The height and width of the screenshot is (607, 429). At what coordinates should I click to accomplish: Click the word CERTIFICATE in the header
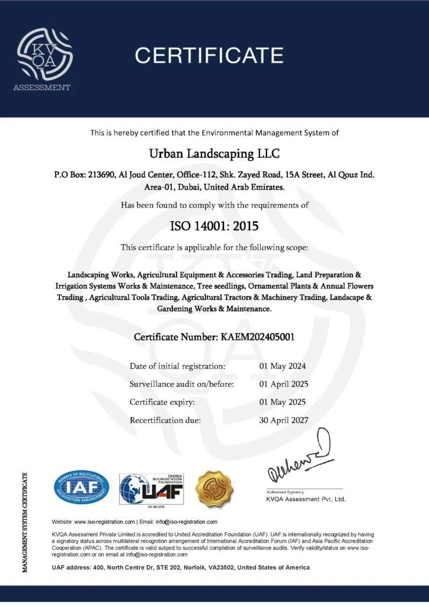point(209,56)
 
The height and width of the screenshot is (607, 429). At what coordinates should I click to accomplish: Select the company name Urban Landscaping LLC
point(214,154)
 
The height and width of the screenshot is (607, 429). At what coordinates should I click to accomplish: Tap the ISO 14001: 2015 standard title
point(214,225)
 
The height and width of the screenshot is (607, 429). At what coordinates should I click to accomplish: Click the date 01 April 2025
point(284,384)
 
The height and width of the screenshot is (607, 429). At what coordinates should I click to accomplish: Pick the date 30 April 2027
point(284,420)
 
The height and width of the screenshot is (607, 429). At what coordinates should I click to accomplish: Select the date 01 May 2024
point(283,366)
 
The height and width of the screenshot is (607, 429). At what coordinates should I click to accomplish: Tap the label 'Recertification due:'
point(165,420)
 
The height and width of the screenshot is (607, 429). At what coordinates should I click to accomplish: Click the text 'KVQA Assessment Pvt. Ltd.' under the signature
point(305,499)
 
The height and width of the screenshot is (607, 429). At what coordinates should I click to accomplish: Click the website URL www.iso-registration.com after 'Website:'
point(105,522)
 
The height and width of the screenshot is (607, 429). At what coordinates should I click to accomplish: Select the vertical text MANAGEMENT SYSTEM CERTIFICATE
point(25,522)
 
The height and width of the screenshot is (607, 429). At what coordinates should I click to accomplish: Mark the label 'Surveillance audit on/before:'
point(182,384)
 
